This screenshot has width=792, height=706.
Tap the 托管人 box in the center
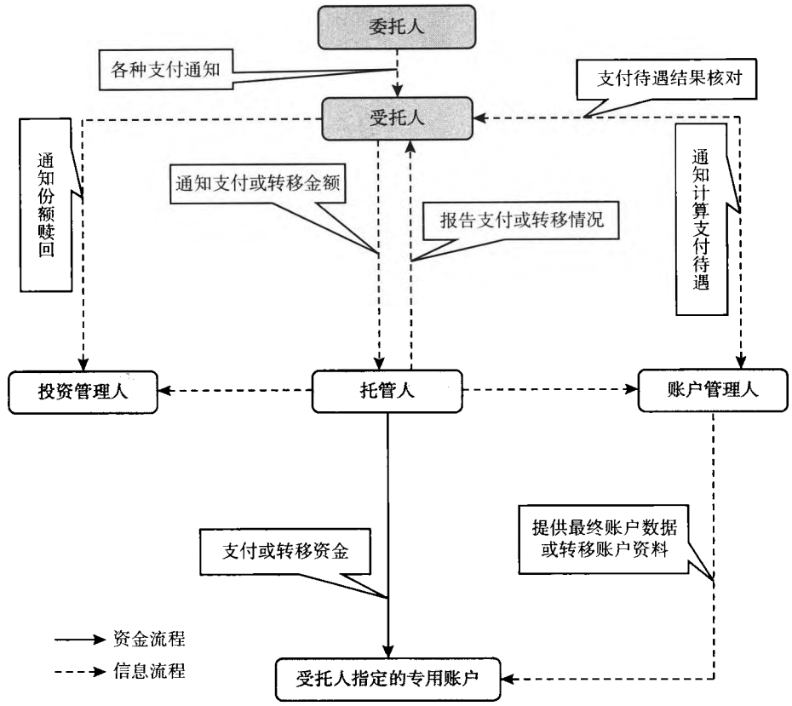[387, 391]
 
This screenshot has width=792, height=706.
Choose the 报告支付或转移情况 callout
[521, 219]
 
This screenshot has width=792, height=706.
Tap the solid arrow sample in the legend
[80, 638]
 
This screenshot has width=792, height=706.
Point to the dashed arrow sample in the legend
[80, 672]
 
